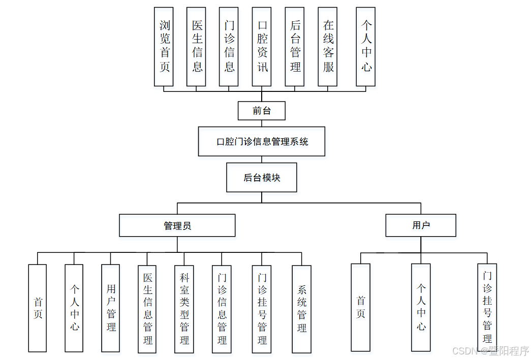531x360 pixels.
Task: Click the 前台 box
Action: tap(262, 111)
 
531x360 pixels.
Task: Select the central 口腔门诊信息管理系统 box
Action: tap(262, 141)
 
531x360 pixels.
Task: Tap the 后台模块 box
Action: tap(262, 178)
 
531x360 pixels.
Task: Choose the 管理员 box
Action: tap(177, 225)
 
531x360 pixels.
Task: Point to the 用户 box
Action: tap(421, 225)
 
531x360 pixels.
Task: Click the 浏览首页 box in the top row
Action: tap(164, 47)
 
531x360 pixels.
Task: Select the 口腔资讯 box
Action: tap(262, 47)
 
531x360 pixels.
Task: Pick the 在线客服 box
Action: tap(328, 47)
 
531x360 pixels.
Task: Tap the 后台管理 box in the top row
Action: tap(295, 47)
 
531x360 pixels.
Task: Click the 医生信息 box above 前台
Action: tap(196, 47)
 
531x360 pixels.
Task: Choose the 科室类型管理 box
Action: tap(184, 309)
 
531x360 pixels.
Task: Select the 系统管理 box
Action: tap(302, 309)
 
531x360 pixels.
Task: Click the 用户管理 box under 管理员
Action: tap(111, 308)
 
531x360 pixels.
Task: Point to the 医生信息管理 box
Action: tap(147, 309)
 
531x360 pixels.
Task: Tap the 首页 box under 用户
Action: tap(361, 307)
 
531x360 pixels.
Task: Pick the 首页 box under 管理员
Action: tap(38, 308)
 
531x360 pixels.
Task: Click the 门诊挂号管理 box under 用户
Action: tap(487, 307)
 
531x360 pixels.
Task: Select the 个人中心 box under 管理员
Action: tap(74, 308)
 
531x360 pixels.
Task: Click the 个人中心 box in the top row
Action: tap(366, 47)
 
